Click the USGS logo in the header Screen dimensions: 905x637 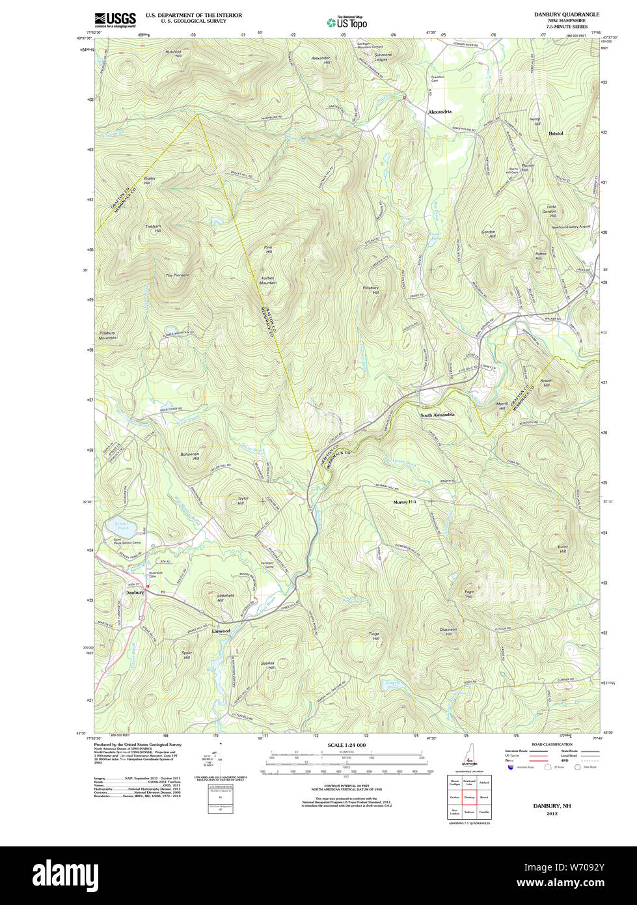click(x=115, y=20)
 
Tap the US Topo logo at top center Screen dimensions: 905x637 click(x=347, y=22)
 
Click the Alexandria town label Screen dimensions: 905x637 click(x=439, y=112)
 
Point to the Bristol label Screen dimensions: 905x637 click(x=556, y=133)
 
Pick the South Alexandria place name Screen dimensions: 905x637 click(x=437, y=415)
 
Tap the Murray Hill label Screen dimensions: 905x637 click(x=404, y=503)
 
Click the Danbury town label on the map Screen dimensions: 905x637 click(x=134, y=592)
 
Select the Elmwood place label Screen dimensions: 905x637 click(x=221, y=631)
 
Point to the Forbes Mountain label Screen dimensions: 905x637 click(x=267, y=281)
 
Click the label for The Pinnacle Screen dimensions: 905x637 click(x=177, y=275)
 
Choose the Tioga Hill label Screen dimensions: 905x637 click(x=374, y=636)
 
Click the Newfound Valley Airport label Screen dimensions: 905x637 click(x=571, y=227)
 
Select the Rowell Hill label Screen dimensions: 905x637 click(x=545, y=383)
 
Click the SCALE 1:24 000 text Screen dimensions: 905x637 click(x=346, y=745)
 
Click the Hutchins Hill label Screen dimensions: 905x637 click(x=174, y=54)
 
